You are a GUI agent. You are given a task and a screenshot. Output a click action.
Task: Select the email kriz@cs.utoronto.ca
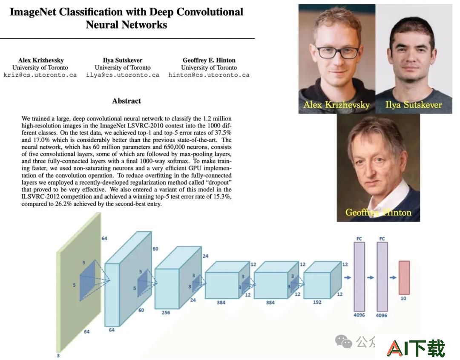(x=40, y=75)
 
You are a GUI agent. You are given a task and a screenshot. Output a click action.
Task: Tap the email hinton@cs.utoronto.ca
(x=209, y=75)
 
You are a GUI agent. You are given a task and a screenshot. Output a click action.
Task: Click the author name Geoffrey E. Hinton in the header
(x=209, y=60)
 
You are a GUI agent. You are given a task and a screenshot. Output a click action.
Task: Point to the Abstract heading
(x=126, y=101)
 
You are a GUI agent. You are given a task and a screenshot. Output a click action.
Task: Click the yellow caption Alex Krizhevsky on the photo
(x=336, y=105)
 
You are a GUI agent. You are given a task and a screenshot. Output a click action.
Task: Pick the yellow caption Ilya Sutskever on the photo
(x=414, y=105)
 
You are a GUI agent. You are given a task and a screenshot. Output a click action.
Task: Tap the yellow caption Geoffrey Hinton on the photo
(x=379, y=212)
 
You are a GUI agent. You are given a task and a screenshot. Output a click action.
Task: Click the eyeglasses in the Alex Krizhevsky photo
(x=337, y=52)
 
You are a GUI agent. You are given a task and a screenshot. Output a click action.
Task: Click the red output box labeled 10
(x=404, y=277)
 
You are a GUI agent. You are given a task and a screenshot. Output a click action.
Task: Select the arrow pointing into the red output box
(x=393, y=277)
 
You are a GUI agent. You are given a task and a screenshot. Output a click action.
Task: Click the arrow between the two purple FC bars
(x=371, y=277)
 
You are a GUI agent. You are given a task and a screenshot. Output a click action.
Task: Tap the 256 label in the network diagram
(x=166, y=313)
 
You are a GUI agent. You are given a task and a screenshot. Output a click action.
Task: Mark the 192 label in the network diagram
(x=317, y=302)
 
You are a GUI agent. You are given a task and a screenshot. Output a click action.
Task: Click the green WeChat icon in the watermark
(x=344, y=342)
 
